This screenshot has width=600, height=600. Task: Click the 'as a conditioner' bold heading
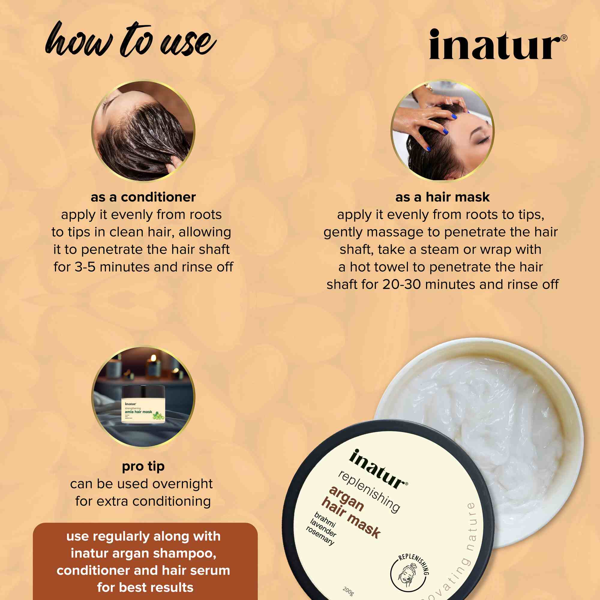143,197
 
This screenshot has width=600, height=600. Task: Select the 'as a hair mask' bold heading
442,197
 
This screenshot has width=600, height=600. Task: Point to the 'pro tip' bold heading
143,466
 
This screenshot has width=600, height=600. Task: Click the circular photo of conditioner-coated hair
143,130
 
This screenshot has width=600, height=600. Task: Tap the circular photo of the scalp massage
442,130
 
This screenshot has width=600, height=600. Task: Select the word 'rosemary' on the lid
320,535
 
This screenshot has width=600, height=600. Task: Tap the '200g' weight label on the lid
348,591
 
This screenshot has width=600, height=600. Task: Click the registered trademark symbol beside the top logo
564,38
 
